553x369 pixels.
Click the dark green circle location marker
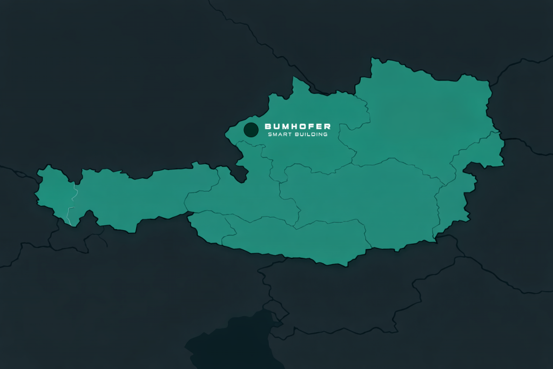click(251, 130)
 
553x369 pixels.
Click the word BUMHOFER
click(298, 126)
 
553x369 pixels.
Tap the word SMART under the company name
click(284, 135)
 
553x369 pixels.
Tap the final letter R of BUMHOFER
click(327, 126)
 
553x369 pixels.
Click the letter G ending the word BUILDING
click(325, 135)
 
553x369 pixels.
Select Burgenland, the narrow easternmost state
click(454, 200)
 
